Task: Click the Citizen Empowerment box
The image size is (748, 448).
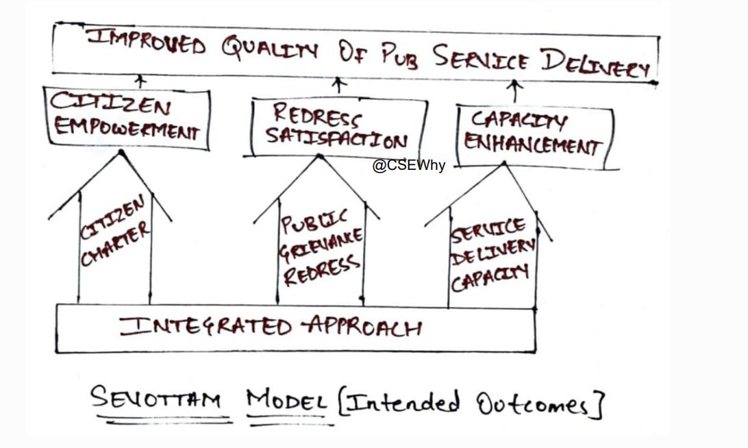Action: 127,117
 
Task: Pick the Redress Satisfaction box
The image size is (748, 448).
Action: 336,127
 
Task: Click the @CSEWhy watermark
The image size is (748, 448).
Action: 409,166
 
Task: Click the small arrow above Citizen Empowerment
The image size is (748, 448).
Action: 141,80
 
